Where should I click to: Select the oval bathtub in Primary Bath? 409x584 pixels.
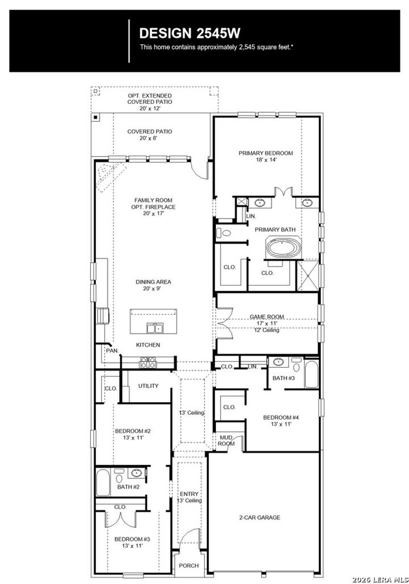[281, 249]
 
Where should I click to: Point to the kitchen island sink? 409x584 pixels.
[153, 327]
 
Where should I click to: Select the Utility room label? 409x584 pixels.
[148, 386]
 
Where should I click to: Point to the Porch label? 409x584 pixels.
[189, 566]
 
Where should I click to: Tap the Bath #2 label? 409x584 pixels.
[128, 486]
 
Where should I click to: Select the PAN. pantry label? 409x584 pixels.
[112, 351]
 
